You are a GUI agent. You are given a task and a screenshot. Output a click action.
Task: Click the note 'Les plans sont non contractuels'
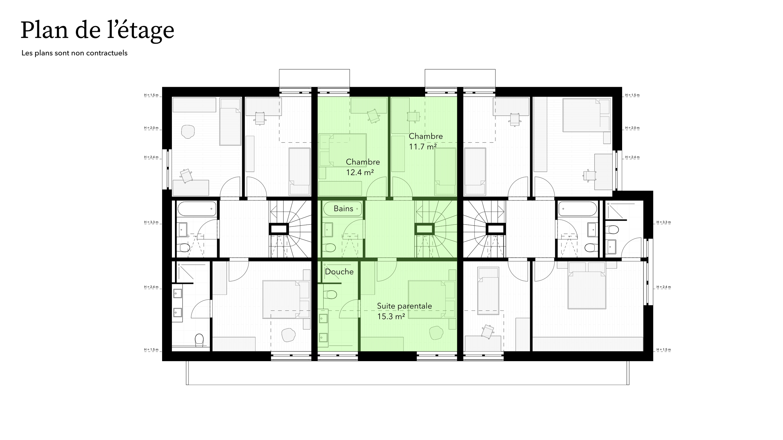[74, 53]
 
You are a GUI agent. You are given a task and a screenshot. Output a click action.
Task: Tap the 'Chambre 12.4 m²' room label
[362, 167]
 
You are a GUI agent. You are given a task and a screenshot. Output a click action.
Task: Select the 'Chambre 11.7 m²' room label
[425, 141]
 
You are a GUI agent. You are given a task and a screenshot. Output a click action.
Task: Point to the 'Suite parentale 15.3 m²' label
[404, 311]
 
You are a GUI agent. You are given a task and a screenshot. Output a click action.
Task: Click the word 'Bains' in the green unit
[343, 209]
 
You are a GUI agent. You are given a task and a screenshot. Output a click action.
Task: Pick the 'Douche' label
[339, 272]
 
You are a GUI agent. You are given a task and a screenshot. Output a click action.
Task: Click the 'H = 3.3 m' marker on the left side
[151, 222]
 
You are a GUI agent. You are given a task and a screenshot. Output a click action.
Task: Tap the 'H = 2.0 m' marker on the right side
[632, 128]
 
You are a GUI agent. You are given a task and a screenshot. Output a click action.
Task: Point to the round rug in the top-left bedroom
[188, 132]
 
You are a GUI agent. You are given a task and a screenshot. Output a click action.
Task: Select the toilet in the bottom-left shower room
[199, 340]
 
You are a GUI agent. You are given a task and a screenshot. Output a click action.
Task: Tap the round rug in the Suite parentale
[436, 333]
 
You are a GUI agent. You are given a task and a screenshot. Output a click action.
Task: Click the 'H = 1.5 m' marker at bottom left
[151, 350]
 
